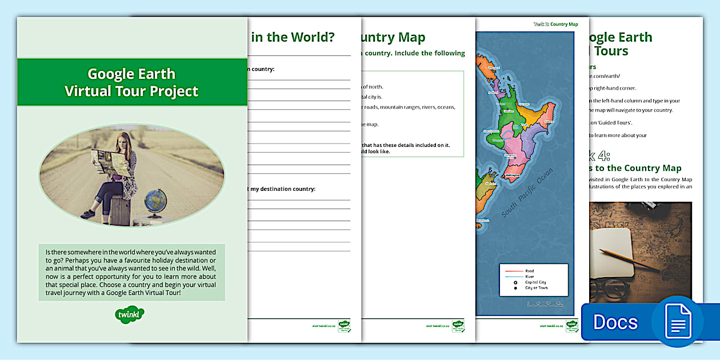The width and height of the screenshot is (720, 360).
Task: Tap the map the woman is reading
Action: pos(112,162)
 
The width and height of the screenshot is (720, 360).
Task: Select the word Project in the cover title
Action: pos(171,91)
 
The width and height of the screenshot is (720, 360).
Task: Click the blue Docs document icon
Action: pos(677,321)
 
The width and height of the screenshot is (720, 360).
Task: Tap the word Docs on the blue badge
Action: pos(615,322)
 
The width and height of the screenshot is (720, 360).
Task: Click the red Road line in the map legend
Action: pos(512,271)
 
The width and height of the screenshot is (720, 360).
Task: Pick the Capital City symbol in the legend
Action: pos(515,282)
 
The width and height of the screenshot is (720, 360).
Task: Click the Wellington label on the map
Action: pos(515,175)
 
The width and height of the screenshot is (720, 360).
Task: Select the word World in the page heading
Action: pos(313,38)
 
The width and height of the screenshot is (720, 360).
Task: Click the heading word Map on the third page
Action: pos(411,38)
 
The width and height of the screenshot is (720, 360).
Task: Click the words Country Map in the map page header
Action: pos(564,25)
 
